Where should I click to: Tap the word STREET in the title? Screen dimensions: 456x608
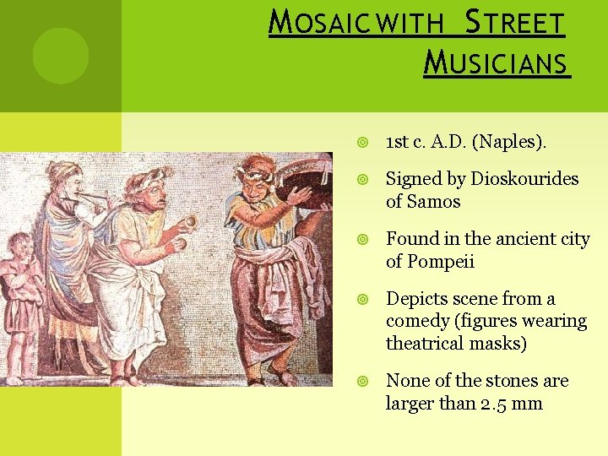tap(516, 23)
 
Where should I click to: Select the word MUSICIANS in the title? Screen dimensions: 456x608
tap(497, 62)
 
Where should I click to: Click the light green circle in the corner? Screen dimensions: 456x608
tap(60, 56)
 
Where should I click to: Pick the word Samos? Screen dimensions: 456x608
tap(434, 202)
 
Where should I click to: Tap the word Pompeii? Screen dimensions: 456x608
tap(444, 262)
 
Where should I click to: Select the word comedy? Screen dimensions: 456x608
tap(417, 322)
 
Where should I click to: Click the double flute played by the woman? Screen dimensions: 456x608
tap(92, 200)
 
